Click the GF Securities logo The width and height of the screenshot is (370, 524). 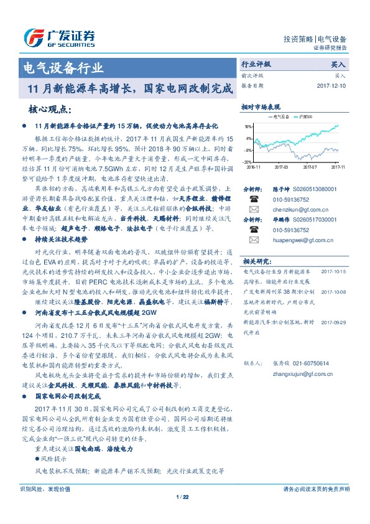click(x=59, y=37)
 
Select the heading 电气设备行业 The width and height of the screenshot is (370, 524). click(x=62, y=67)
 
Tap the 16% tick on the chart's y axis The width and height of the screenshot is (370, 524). click(x=248, y=126)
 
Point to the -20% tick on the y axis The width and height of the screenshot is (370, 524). click(x=247, y=162)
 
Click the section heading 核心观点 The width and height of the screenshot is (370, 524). click(x=48, y=110)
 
